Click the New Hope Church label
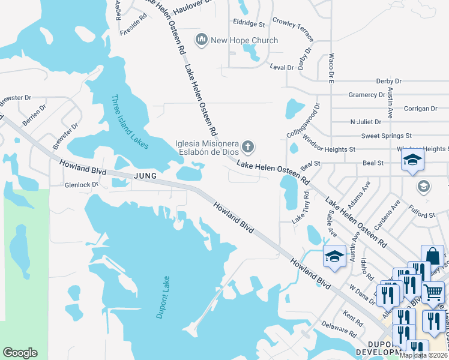point(244,40)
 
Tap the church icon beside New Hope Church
point(201,40)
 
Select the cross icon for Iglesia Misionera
point(248,147)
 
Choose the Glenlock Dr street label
point(82,185)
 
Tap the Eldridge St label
point(249,25)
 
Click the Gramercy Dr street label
point(367,95)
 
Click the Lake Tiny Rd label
point(300,208)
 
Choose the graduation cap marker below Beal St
point(413,160)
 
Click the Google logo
point(20,353)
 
